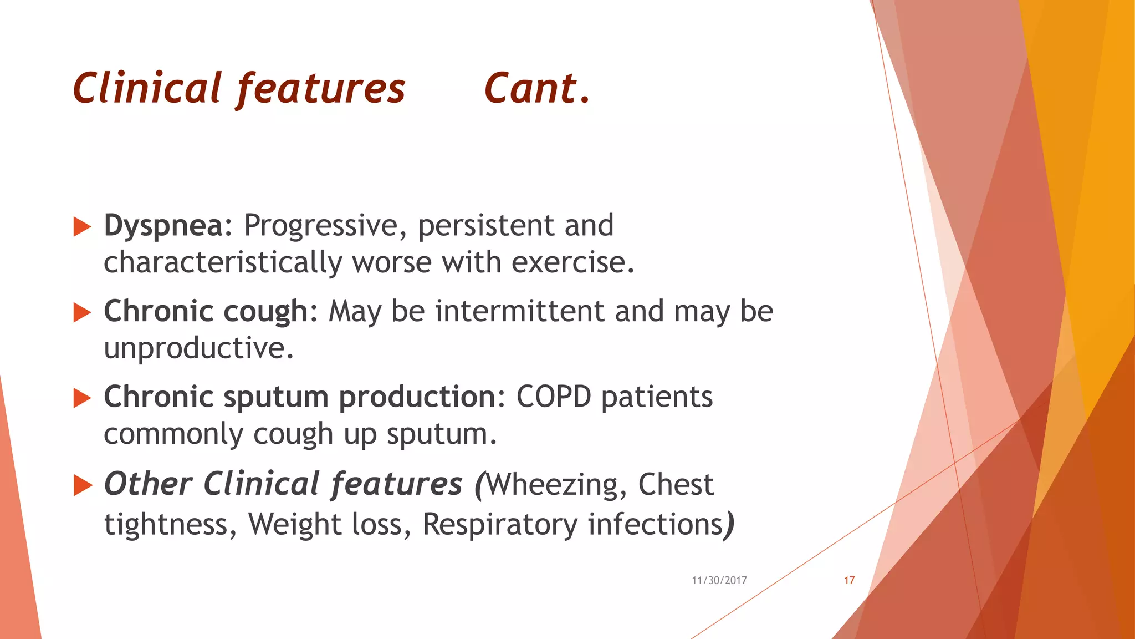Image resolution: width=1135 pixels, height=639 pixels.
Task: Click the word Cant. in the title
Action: tap(536, 89)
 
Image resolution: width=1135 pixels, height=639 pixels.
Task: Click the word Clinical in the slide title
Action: tap(147, 89)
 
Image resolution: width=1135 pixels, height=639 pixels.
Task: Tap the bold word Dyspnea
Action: tap(163, 226)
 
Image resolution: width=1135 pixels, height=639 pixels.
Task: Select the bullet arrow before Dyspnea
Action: tap(82, 227)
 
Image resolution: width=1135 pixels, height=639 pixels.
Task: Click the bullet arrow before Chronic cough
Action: tap(82, 313)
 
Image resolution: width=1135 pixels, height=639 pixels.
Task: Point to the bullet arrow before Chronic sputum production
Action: tap(82, 398)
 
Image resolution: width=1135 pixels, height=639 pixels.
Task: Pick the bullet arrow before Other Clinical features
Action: tap(82, 485)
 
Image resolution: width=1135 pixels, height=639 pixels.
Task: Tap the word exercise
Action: tap(571, 262)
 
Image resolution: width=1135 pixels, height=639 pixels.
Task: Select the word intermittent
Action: tap(520, 311)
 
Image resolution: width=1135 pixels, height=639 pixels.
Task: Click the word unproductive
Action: tap(198, 348)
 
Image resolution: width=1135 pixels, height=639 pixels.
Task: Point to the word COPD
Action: tap(554, 397)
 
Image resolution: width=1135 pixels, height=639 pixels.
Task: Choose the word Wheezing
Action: tap(556, 485)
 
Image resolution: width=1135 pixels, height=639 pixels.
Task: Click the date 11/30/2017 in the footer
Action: tap(719, 580)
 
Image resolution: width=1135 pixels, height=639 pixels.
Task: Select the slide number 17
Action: tap(849, 580)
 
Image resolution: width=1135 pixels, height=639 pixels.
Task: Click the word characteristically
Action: tap(223, 262)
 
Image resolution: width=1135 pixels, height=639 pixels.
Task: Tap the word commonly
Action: tap(173, 434)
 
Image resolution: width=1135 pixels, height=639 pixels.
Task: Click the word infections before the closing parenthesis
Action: tap(656, 524)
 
